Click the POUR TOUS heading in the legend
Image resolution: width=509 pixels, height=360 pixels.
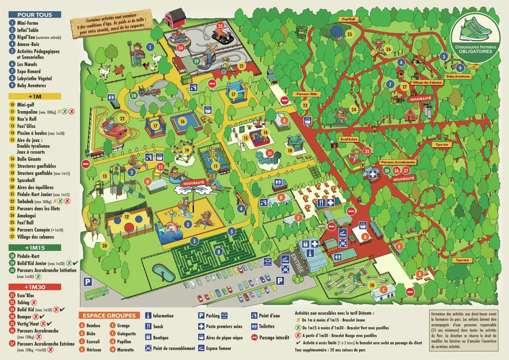point(34,14)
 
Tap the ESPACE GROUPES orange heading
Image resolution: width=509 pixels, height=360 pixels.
point(109,315)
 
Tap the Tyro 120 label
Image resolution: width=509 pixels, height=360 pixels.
point(441,144)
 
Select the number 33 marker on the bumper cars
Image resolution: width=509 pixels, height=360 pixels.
point(220,26)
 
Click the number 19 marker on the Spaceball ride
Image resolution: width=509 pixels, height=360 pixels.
point(186,150)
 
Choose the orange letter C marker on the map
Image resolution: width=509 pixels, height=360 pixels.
point(382,290)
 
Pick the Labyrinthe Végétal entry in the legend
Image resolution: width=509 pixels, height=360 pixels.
point(34,78)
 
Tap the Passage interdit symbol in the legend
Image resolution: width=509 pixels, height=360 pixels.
point(255,338)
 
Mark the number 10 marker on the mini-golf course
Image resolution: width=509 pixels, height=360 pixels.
point(372,285)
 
